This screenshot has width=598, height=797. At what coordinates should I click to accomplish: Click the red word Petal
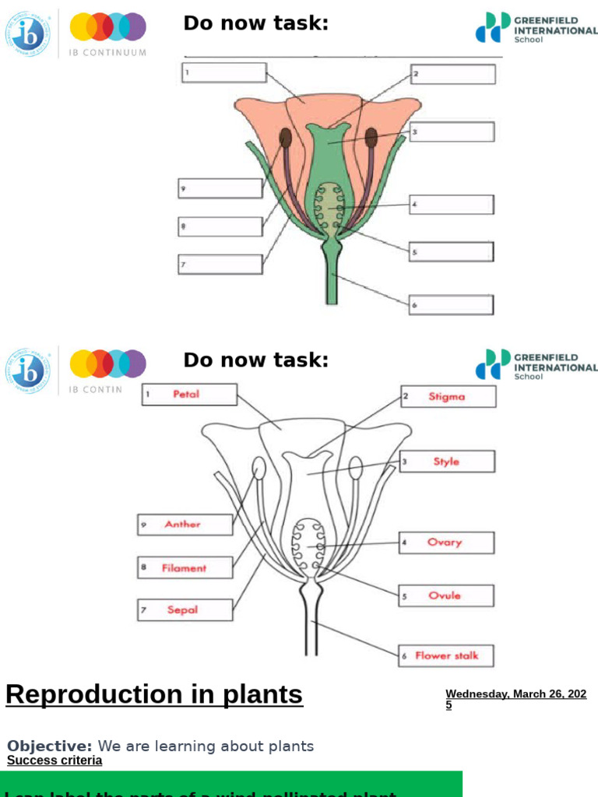[x=186, y=395]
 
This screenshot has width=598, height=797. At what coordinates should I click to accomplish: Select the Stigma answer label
[x=446, y=397]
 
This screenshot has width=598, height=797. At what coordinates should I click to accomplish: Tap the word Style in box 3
[x=446, y=462]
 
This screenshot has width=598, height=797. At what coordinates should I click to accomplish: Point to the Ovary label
[x=445, y=542]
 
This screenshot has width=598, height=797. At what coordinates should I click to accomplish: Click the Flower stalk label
[x=446, y=655]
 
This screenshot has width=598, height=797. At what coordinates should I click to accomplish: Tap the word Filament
[x=184, y=568]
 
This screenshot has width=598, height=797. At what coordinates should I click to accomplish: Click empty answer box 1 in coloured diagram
[x=224, y=72]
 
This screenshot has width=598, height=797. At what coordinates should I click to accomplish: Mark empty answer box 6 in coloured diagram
[x=451, y=305]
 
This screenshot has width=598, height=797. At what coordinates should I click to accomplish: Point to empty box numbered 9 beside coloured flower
[x=220, y=188]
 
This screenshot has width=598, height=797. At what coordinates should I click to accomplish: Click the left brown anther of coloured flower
[x=286, y=139]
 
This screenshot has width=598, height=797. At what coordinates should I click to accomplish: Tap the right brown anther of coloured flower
[x=371, y=138]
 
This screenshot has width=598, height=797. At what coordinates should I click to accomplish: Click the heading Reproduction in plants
[x=154, y=693]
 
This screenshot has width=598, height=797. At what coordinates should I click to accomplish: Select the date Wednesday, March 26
[x=515, y=694]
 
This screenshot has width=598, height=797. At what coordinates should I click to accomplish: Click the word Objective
[x=49, y=746]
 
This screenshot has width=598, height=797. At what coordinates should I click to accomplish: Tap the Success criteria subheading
[x=55, y=760]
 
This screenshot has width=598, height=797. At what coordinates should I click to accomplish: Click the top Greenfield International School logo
[x=536, y=27]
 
